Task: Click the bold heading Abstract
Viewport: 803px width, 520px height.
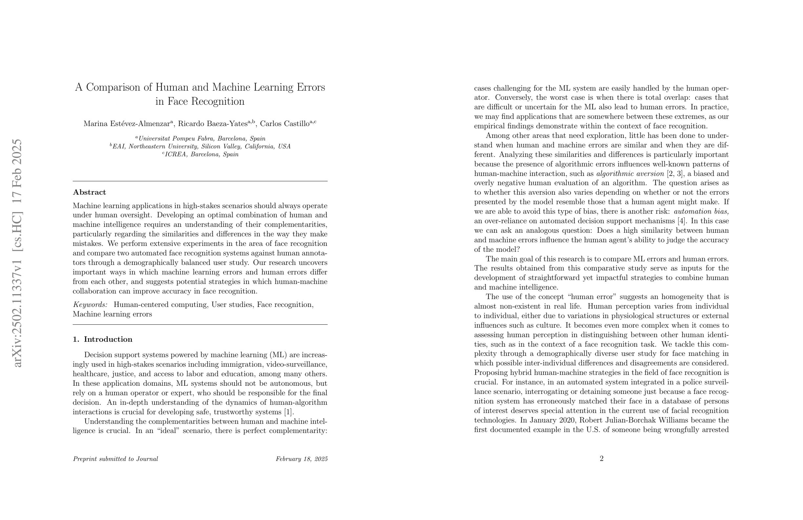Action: [90, 192]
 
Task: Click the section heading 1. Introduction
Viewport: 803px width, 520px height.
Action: [103, 339]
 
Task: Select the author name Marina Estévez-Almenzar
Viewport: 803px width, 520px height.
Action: [127, 123]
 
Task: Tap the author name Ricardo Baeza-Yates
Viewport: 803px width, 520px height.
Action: [213, 123]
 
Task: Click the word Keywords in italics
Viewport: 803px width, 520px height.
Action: [90, 305]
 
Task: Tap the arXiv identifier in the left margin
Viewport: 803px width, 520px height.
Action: [17, 253]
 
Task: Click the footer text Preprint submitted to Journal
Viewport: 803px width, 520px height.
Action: [115, 459]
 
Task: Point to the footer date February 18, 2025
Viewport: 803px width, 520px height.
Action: [301, 459]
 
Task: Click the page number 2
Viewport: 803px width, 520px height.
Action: [601, 459]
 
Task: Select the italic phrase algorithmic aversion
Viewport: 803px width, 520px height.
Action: [629, 174]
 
